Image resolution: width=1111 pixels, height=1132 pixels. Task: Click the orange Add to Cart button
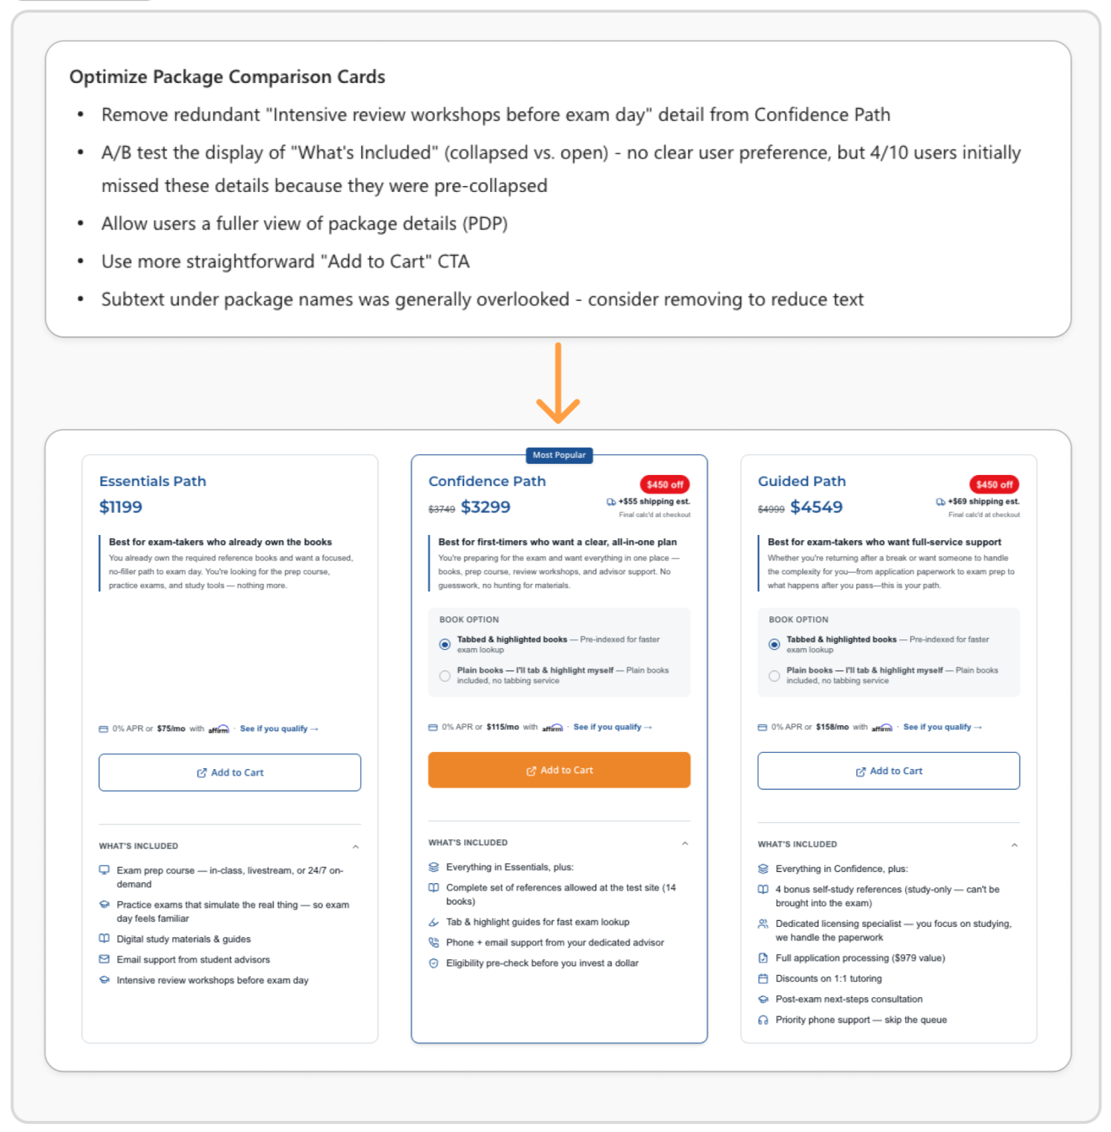pyautogui.click(x=559, y=770)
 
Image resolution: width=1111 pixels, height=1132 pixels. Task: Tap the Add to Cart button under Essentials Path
pyautogui.click(x=230, y=772)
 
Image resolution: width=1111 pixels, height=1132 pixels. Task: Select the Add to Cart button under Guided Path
pyautogui.click(x=889, y=770)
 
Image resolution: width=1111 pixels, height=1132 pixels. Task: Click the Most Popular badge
pyautogui.click(x=559, y=455)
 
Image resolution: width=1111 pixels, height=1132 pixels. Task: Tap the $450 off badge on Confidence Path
pyautogui.click(x=665, y=485)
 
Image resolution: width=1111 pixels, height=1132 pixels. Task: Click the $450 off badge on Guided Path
pyautogui.click(x=994, y=485)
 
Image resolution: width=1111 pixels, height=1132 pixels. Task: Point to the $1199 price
pyautogui.click(x=121, y=507)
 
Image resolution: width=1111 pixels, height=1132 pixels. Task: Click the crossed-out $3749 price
pyautogui.click(x=442, y=509)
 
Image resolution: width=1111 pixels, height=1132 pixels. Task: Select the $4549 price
pyautogui.click(x=816, y=507)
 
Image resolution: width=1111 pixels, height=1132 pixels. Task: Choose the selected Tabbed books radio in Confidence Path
pyautogui.click(x=445, y=645)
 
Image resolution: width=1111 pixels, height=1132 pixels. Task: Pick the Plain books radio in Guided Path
pyautogui.click(x=774, y=676)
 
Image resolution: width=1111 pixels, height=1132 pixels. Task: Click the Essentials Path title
pyautogui.click(x=153, y=481)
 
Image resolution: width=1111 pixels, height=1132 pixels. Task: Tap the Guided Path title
pyautogui.click(x=801, y=481)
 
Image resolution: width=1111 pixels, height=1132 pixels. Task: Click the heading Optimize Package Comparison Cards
pyautogui.click(x=228, y=77)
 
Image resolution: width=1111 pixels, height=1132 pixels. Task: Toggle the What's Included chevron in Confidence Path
pyautogui.click(x=685, y=843)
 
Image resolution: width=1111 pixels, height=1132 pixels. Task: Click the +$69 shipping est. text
pyautogui.click(x=984, y=502)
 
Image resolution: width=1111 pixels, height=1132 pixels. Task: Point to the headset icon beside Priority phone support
pyautogui.click(x=763, y=1020)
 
